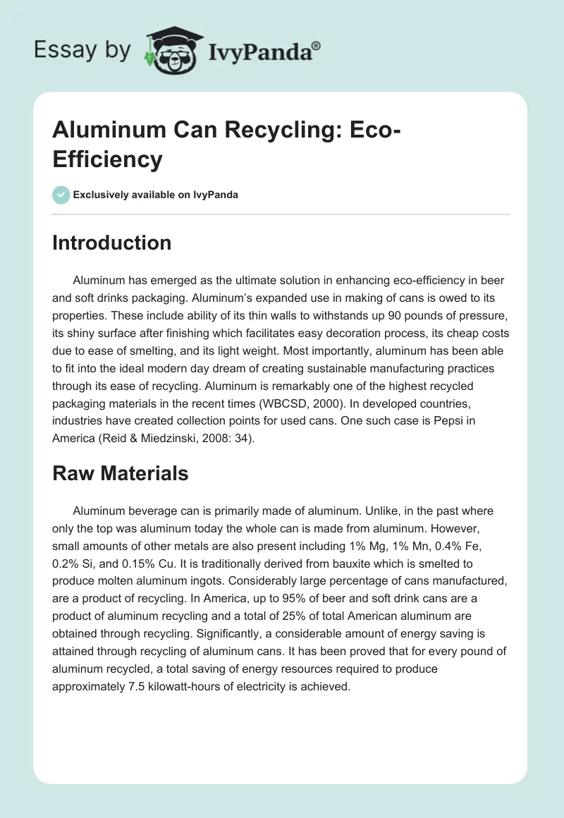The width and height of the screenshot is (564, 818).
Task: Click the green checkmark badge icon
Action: click(x=61, y=195)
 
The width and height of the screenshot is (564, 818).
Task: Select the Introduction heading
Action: click(x=112, y=243)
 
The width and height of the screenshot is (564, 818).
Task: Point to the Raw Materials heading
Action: click(x=121, y=473)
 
